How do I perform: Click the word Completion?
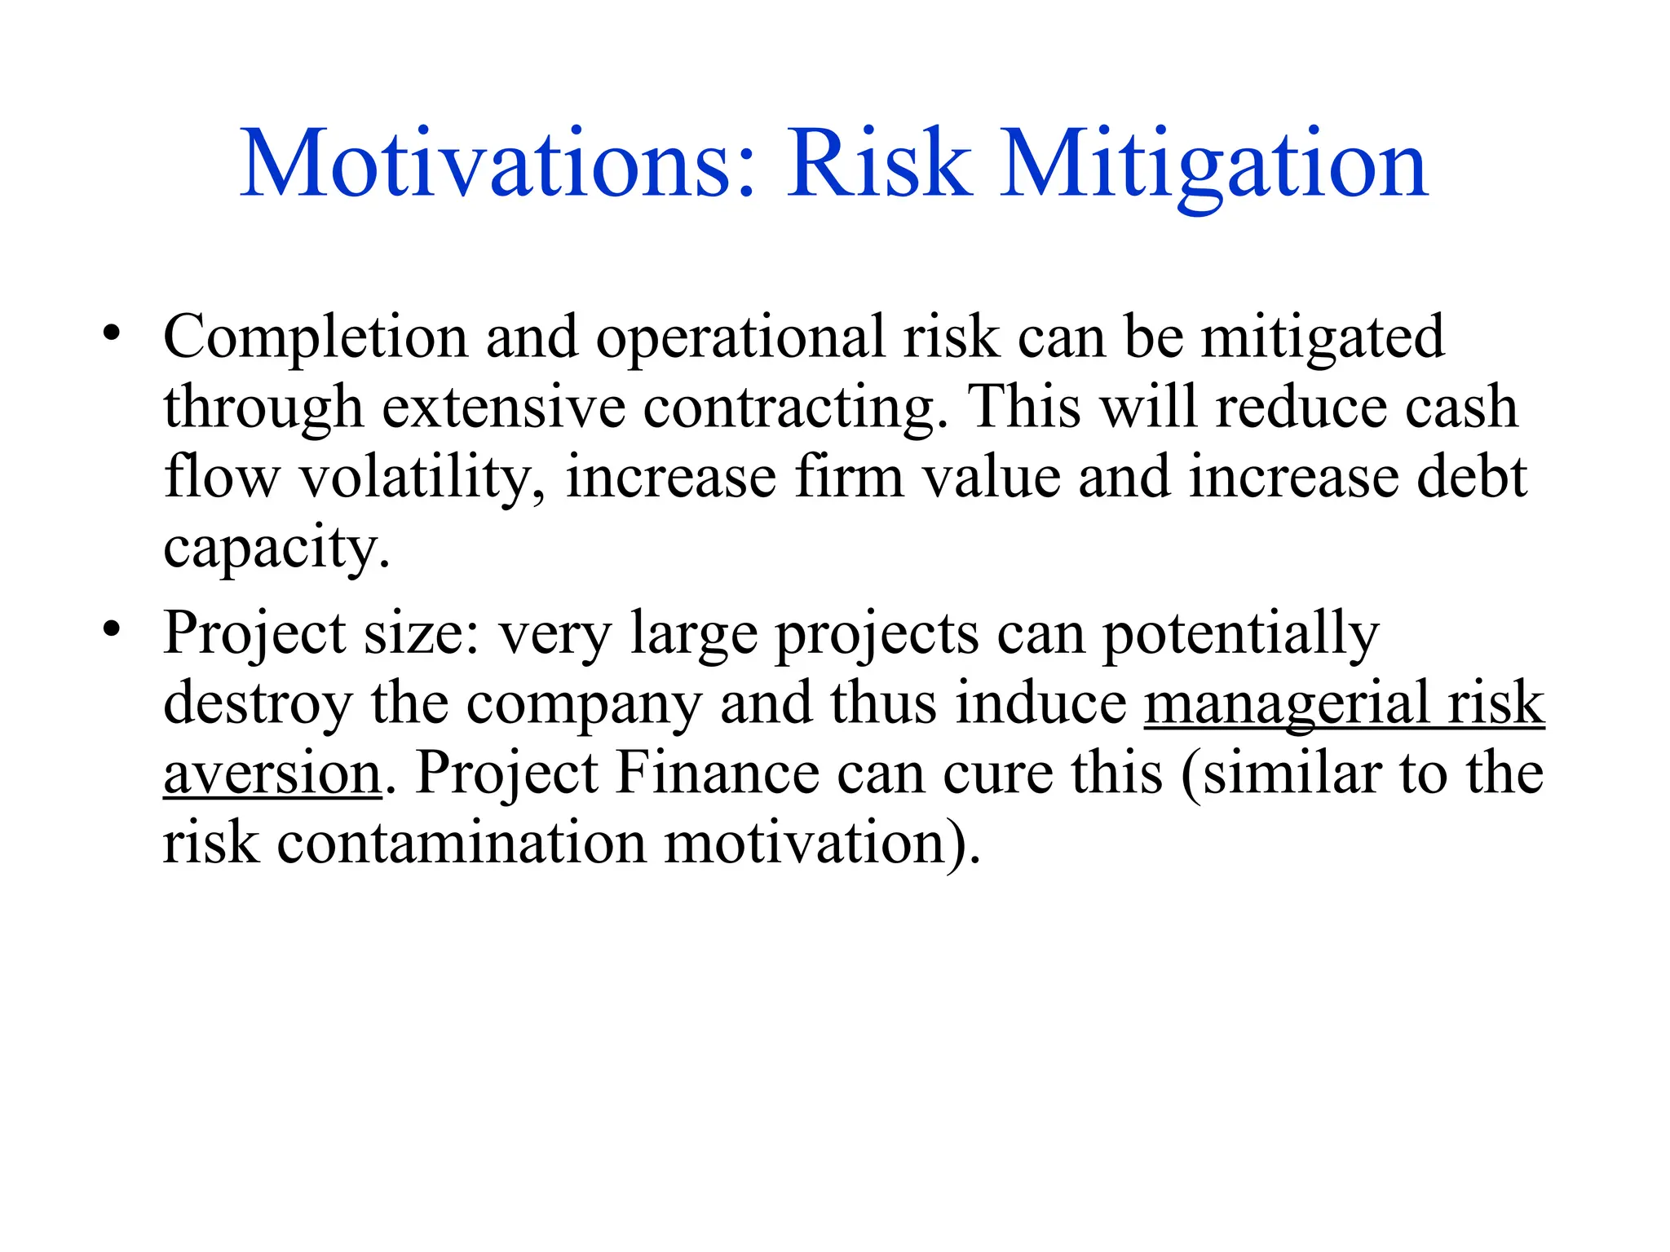315,337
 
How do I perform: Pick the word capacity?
276,548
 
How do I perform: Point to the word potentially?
1240,634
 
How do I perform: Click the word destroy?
258,703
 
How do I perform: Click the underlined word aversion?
272,774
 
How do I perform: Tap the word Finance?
718,774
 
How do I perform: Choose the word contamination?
462,843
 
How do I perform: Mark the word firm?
849,478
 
